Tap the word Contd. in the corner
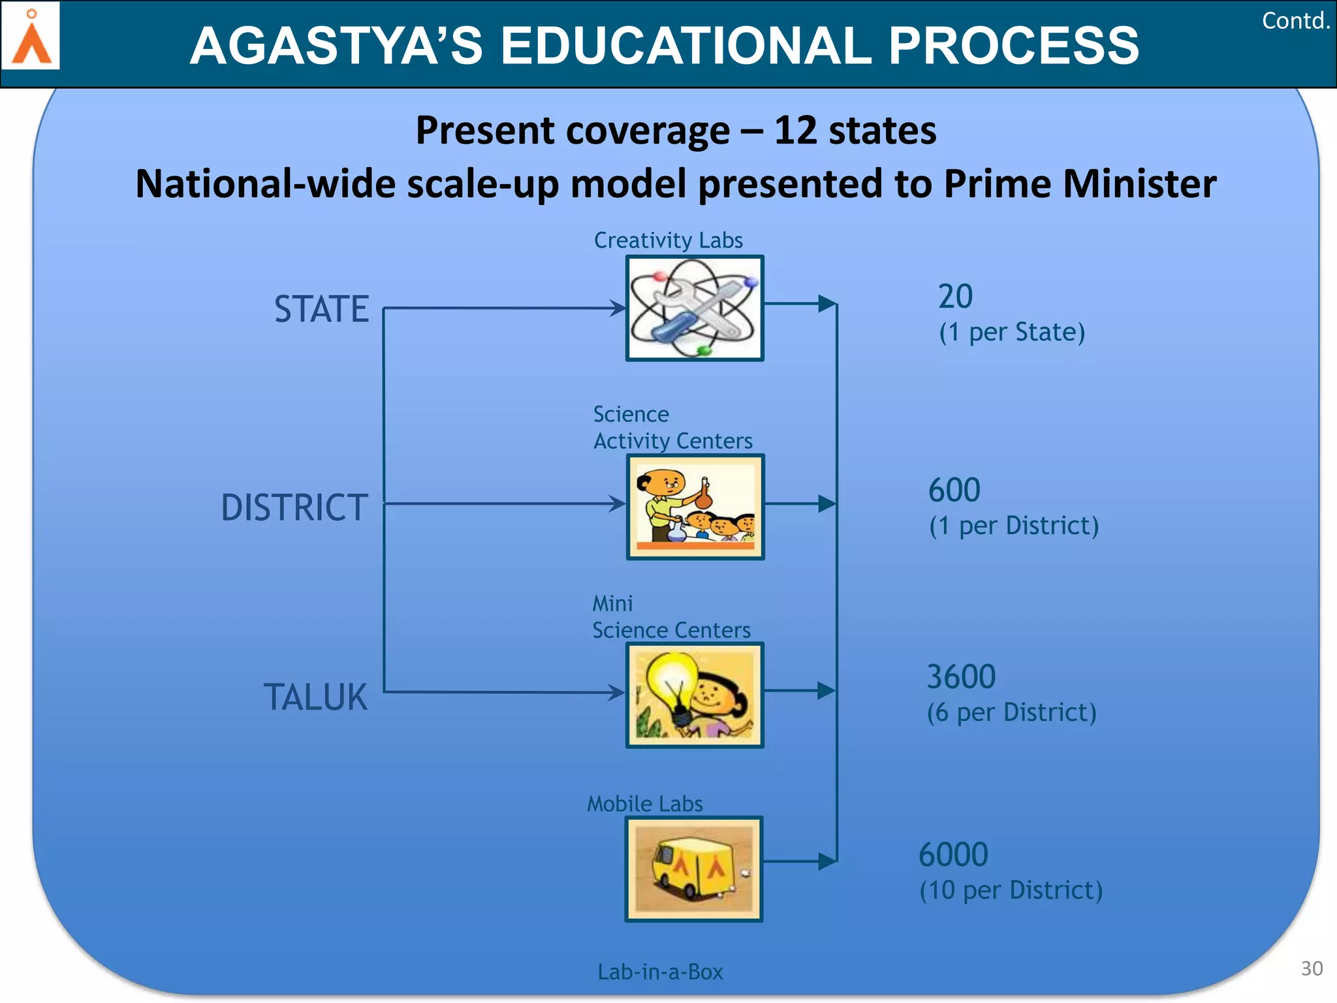(1296, 21)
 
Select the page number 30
(1312, 968)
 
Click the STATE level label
(321, 309)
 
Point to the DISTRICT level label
(294, 507)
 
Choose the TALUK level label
(315, 697)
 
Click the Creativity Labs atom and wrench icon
(695, 308)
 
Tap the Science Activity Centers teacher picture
(695, 507)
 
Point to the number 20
(955, 296)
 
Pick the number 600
(954, 490)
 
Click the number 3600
(961, 677)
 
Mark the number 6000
(953, 854)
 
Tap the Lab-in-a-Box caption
(660, 972)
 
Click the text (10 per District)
(1011, 890)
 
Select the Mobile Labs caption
(645, 803)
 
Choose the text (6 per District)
(1011, 712)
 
